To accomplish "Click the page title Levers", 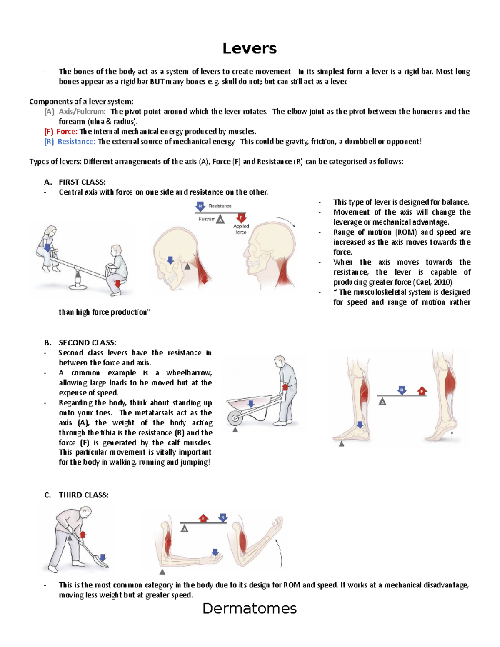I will pos(249,49).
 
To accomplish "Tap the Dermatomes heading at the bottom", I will pos(249,609).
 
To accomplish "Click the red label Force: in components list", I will pos(67,132).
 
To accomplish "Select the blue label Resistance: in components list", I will pos(76,142).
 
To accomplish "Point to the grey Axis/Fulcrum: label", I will pos(82,112).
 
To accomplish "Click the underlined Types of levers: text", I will pos(55,162).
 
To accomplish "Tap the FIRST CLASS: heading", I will pos(82,182).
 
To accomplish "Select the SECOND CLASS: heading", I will pos(87,343).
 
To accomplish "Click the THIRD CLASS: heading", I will pos(83,495).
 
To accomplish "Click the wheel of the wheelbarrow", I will pos(235,417).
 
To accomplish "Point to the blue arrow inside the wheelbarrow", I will pos(251,404).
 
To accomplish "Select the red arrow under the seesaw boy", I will pos(117,284).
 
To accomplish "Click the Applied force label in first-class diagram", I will pos(241,229).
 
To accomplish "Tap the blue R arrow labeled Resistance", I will pos(200,207).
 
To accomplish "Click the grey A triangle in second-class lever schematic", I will pos(382,402).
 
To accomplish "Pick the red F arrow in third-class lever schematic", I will pos(203,518).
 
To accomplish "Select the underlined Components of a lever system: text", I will pos(81,102).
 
